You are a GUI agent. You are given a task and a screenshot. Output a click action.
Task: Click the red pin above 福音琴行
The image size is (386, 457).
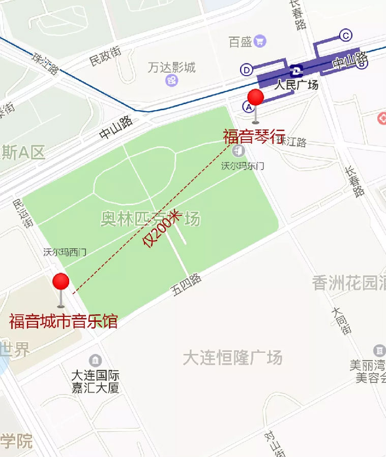point(255,98)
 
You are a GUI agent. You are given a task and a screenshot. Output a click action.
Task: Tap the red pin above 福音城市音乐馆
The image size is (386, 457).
point(61,282)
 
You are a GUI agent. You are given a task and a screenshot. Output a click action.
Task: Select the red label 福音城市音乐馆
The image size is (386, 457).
point(63,321)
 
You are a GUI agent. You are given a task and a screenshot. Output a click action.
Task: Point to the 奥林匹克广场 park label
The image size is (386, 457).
point(150,219)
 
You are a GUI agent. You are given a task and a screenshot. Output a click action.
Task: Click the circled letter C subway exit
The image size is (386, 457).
point(346,35)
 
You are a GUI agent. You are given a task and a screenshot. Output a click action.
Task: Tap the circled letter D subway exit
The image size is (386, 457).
point(247,70)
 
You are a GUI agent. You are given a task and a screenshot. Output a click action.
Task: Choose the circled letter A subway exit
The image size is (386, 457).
point(248,107)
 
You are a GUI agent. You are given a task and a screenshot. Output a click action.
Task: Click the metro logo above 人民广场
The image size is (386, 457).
point(296,71)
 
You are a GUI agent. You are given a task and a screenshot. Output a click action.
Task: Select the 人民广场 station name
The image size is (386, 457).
point(296,85)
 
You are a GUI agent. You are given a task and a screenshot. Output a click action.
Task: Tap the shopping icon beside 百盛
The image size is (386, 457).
point(260,41)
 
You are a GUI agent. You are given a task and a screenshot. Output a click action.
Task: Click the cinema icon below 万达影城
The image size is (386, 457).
point(172,80)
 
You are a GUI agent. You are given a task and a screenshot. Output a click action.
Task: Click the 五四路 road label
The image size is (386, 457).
point(187,286)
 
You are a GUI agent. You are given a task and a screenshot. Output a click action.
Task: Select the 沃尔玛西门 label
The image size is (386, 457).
point(65,252)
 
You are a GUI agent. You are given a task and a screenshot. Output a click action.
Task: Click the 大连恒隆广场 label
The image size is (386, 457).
point(232,358)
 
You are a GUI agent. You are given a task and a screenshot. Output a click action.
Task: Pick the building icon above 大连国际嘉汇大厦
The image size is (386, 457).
point(95,361)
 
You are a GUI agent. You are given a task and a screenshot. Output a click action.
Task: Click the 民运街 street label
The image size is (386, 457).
point(23,213)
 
